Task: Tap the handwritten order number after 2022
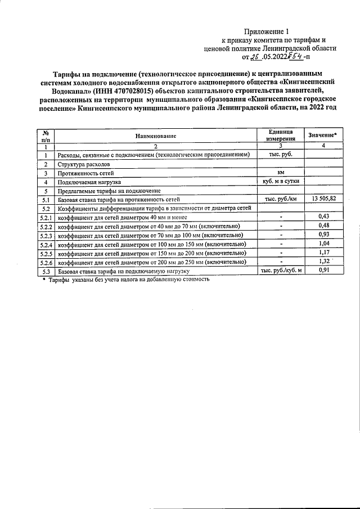click(x=295, y=56)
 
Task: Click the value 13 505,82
click(x=323, y=200)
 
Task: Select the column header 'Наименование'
click(x=156, y=136)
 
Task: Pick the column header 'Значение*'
click(x=322, y=135)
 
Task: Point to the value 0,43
click(x=323, y=217)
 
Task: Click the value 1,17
click(x=323, y=253)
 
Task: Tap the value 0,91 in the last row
click(x=323, y=271)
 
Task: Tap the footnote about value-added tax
click(x=126, y=280)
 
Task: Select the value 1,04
click(x=323, y=244)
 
